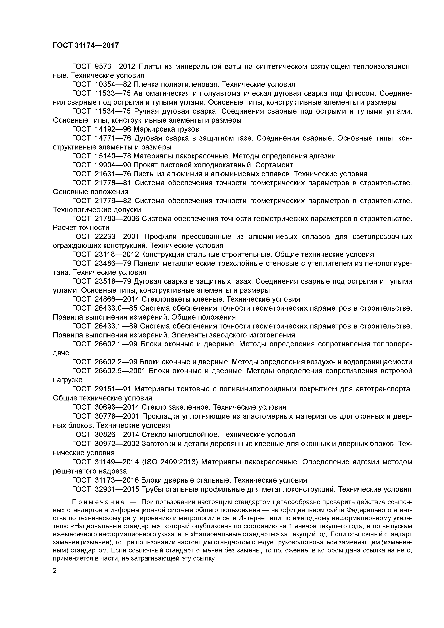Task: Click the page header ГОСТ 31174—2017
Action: [86, 45]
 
